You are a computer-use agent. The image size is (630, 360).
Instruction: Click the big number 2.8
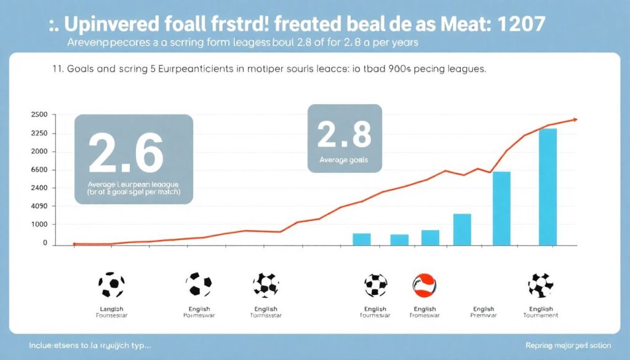pyautogui.click(x=344, y=134)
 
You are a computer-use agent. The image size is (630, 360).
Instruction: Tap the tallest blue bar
pyautogui.click(x=548, y=186)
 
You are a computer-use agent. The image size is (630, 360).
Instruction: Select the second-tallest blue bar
pyautogui.click(x=501, y=207)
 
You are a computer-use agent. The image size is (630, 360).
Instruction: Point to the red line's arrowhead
pyautogui.click(x=574, y=119)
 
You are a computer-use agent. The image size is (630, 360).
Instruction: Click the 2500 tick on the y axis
pyautogui.click(x=39, y=115)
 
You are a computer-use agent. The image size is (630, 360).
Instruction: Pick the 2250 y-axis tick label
pyautogui.click(x=39, y=134)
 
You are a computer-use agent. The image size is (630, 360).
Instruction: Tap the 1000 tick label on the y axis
pyautogui.click(x=39, y=225)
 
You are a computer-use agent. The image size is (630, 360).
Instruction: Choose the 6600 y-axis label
pyautogui.click(x=39, y=170)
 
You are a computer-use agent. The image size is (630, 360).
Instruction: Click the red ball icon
pyautogui.click(x=425, y=285)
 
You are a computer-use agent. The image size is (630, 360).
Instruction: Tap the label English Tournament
pyautogui.click(x=541, y=312)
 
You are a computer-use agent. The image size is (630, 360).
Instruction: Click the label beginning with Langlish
pyautogui.click(x=111, y=312)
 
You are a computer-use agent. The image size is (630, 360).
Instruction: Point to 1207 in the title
pyautogui.click(x=516, y=24)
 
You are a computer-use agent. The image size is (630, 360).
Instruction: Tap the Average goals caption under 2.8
pyautogui.click(x=343, y=159)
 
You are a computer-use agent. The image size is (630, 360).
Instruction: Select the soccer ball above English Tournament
pyautogui.click(x=541, y=285)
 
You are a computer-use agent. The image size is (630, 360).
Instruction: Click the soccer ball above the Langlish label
pyautogui.click(x=111, y=285)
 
